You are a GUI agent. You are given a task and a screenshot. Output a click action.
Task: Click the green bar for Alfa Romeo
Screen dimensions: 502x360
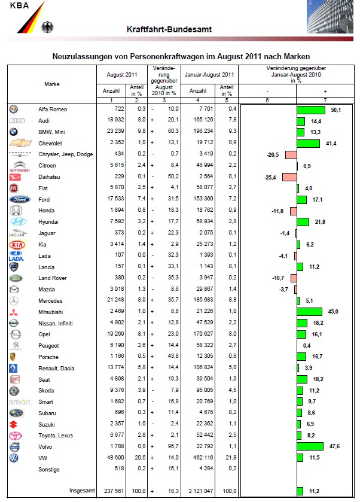310,109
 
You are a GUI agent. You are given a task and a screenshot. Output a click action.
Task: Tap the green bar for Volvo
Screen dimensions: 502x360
310,447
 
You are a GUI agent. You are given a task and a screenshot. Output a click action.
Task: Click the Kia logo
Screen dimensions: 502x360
19,245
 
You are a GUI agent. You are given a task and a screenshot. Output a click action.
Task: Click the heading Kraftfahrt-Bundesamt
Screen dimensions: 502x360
169,30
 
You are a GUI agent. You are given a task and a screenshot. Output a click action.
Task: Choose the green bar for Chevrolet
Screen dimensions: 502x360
308,144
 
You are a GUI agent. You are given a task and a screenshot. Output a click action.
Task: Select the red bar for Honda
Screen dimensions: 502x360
293,211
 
